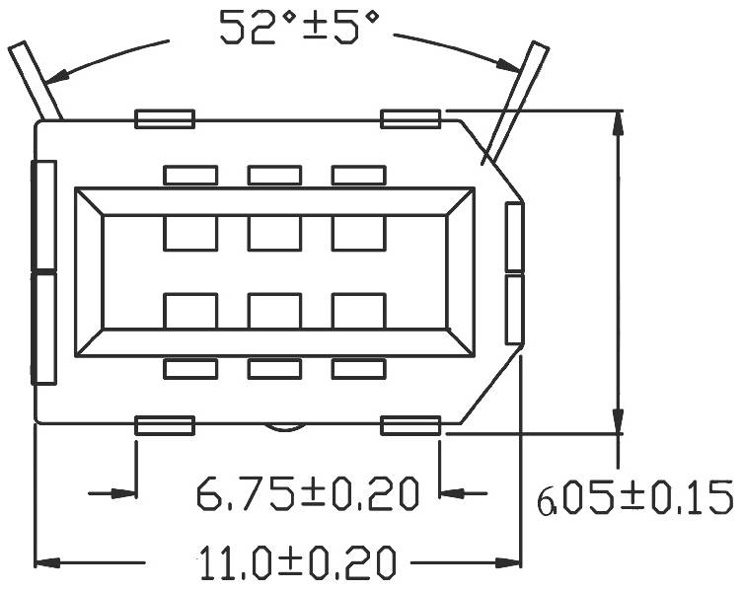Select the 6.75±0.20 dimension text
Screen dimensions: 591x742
coord(305,491)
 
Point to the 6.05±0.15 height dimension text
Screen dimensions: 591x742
coord(634,496)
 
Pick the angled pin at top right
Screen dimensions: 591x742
coord(520,94)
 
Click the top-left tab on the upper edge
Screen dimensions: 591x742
coord(164,119)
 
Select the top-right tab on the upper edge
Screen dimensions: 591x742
coord(409,119)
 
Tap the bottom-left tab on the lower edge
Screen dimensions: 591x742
coord(164,425)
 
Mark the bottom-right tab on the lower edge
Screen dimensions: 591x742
coord(409,425)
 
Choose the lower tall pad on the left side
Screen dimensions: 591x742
coord(43,329)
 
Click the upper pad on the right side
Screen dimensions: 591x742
coord(514,237)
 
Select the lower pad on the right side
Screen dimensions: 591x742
coord(514,310)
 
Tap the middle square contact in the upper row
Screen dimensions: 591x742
coord(274,233)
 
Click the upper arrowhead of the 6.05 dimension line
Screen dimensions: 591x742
coord(619,123)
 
